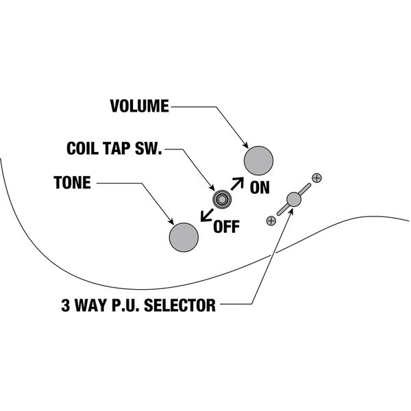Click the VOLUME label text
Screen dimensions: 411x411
(x=139, y=106)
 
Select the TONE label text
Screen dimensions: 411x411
(x=73, y=184)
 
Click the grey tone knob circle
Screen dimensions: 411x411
(x=184, y=236)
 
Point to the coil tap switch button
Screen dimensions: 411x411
(x=221, y=199)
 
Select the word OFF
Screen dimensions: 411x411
(x=227, y=226)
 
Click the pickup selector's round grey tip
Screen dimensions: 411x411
(x=294, y=199)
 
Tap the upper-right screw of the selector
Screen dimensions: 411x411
(x=316, y=178)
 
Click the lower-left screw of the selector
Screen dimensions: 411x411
(x=271, y=221)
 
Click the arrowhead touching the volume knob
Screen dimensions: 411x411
(x=246, y=145)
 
